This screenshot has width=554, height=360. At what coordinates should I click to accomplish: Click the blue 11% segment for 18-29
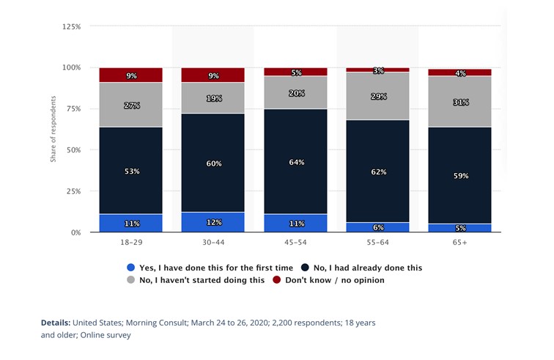click(130, 223)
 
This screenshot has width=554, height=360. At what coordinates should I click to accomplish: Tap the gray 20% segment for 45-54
click(295, 92)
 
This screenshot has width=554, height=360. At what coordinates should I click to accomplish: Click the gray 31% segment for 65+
click(460, 102)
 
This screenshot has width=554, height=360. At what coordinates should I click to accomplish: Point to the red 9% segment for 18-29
click(130, 75)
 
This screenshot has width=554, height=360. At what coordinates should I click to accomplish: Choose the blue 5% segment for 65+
click(460, 227)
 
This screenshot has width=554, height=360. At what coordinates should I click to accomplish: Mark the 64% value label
click(295, 162)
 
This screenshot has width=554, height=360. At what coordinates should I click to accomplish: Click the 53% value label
click(130, 171)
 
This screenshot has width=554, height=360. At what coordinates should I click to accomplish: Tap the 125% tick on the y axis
click(71, 26)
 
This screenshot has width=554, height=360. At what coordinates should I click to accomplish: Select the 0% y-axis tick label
click(75, 232)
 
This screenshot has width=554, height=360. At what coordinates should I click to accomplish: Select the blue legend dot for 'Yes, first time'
click(131, 268)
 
